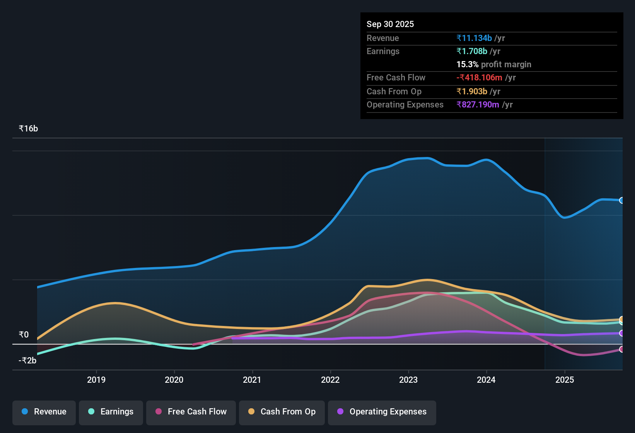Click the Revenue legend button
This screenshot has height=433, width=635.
pyautogui.click(x=44, y=412)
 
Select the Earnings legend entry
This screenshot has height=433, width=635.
pyautogui.click(x=111, y=412)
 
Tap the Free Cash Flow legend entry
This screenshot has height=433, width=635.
pyautogui.click(x=191, y=412)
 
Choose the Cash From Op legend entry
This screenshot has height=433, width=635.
pyautogui.click(x=282, y=412)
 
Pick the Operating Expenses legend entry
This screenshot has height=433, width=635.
pyautogui.click(x=382, y=412)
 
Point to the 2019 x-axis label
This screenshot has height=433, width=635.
pyautogui.click(x=96, y=380)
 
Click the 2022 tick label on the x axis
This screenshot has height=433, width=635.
pyautogui.click(x=330, y=380)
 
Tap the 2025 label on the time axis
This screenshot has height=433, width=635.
pyautogui.click(x=565, y=380)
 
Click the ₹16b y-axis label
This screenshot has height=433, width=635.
pyautogui.click(x=28, y=129)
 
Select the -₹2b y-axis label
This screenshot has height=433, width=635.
pyautogui.click(x=27, y=360)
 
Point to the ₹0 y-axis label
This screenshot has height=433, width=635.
pyautogui.click(x=24, y=334)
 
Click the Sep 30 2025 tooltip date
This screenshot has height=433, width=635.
pyautogui.click(x=390, y=24)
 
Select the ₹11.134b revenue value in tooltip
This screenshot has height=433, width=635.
pyautogui.click(x=474, y=38)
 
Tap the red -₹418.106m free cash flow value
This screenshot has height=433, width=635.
pyautogui.click(x=479, y=78)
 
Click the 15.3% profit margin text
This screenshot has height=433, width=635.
pyautogui.click(x=493, y=65)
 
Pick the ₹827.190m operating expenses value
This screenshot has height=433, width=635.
pyautogui.click(x=478, y=105)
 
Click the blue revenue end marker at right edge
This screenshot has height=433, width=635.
pyautogui.click(x=621, y=200)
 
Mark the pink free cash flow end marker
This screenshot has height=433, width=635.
pyautogui.click(x=621, y=349)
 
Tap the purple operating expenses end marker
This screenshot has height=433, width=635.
pyautogui.click(x=621, y=333)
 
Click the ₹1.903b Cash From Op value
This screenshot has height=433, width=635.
pyautogui.click(x=472, y=92)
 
